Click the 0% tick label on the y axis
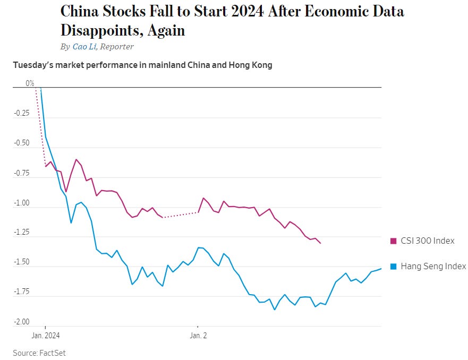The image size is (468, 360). (30, 83)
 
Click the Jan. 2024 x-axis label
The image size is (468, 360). (45, 335)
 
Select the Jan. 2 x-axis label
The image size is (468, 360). (198, 335)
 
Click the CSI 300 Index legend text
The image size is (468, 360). (428, 241)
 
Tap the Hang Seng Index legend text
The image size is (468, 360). (433, 266)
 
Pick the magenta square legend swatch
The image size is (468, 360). (394, 241)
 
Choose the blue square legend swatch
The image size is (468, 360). (394, 267)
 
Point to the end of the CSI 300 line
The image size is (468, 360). (320, 243)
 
